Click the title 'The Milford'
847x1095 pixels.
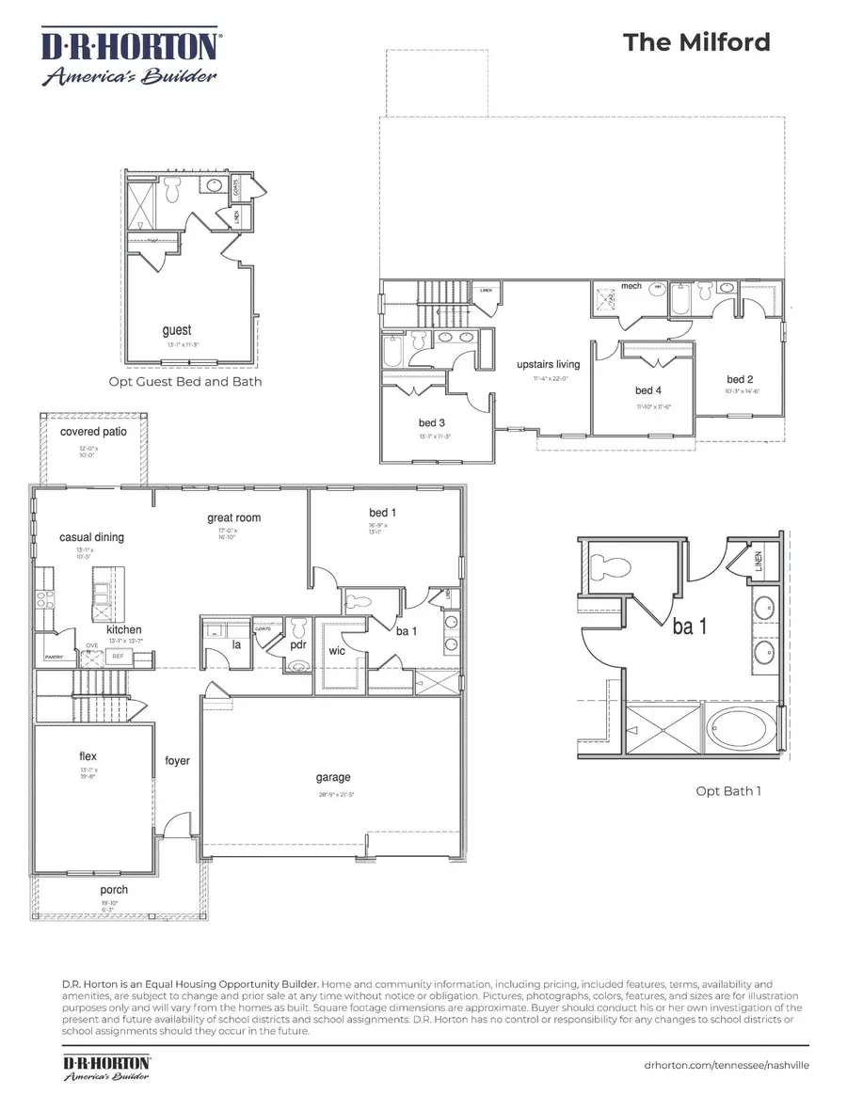click(696, 42)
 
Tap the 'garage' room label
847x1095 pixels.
click(333, 777)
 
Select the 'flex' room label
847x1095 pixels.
click(88, 756)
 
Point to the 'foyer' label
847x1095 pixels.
click(177, 760)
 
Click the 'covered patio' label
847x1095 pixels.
click(92, 432)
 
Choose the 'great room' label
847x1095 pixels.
click(234, 517)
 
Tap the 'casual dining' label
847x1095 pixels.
click(91, 537)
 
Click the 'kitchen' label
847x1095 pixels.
click(124, 629)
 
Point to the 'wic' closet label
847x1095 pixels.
click(337, 650)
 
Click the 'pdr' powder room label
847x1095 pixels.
click(298, 645)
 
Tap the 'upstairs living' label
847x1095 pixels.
click(548, 364)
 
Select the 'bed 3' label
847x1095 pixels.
click(432, 422)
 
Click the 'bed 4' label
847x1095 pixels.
click(649, 390)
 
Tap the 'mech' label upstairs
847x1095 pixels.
click(631, 286)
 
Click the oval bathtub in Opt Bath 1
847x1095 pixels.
click(743, 732)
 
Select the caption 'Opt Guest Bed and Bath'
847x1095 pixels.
click(185, 382)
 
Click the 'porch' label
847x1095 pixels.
click(114, 890)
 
